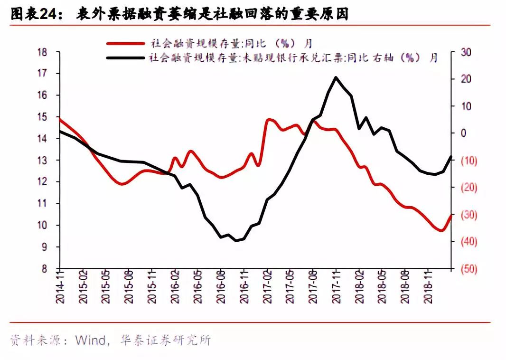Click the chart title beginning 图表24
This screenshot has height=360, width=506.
[179, 14]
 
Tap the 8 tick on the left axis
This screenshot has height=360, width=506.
[51, 269]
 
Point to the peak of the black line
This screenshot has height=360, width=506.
[336, 77]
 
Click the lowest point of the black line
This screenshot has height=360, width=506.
[236, 241]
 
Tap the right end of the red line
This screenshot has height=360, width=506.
[451, 215]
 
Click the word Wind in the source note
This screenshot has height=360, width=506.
[89, 341]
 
